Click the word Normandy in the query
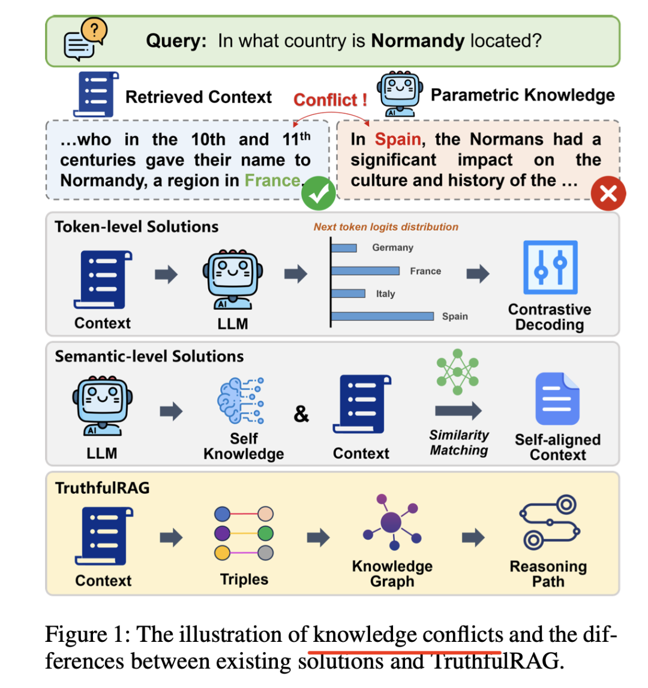(x=418, y=41)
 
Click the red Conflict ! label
(x=330, y=99)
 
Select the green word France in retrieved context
(x=272, y=180)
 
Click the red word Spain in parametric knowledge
(x=397, y=139)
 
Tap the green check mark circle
(x=318, y=192)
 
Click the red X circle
(x=608, y=193)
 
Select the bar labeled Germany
(x=344, y=248)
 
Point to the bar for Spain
(x=382, y=316)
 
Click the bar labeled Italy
(x=348, y=294)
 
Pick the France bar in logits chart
(x=365, y=271)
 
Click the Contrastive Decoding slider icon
(x=550, y=267)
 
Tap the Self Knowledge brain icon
(x=239, y=401)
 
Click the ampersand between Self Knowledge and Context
(x=301, y=414)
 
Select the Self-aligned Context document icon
(x=557, y=399)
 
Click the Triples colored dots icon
(x=244, y=533)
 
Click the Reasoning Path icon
(x=549, y=523)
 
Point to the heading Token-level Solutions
(x=136, y=227)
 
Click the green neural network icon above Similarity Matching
(x=458, y=372)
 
